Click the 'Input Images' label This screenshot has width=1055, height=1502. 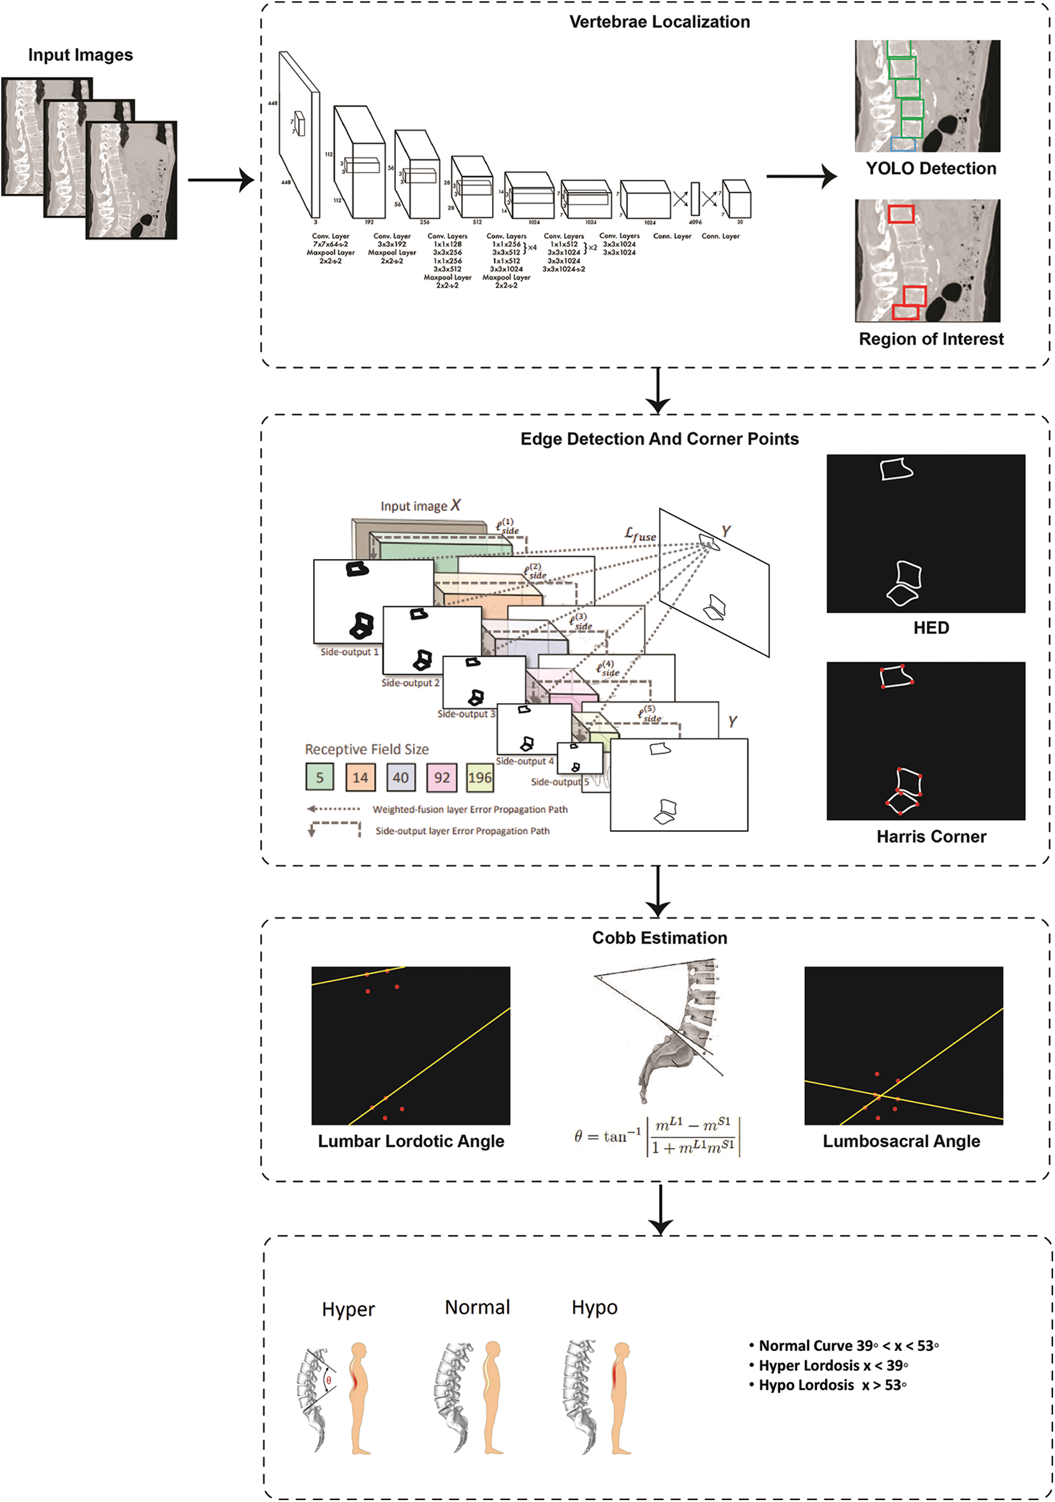click(x=80, y=55)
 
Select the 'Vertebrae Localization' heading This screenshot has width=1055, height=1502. click(x=659, y=22)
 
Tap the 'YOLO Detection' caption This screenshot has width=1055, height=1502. click(x=931, y=168)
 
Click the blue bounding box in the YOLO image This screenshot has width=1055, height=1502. click(x=903, y=145)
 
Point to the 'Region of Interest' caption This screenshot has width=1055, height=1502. click(x=931, y=339)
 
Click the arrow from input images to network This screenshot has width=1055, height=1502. click(x=221, y=179)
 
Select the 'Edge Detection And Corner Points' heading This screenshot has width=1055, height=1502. click(x=659, y=439)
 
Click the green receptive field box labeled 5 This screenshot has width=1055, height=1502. click(x=320, y=777)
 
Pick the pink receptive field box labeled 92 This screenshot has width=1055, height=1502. click(x=442, y=777)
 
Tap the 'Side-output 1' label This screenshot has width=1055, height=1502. click(x=349, y=652)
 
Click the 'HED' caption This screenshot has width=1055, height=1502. click(x=931, y=627)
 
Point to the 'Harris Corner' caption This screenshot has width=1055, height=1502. click(x=931, y=836)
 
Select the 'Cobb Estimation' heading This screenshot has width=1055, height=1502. click(x=659, y=937)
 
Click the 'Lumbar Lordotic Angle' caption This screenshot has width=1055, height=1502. click(x=411, y=1141)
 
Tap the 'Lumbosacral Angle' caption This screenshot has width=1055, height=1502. click(x=901, y=1141)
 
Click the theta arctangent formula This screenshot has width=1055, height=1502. click(x=657, y=1137)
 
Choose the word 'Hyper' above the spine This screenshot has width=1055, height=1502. click(x=348, y=1309)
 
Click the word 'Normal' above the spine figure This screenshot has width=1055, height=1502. click(x=477, y=1307)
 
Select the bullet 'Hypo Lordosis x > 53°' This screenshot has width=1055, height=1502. click(x=828, y=1385)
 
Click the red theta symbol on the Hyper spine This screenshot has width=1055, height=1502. click(x=328, y=1380)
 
